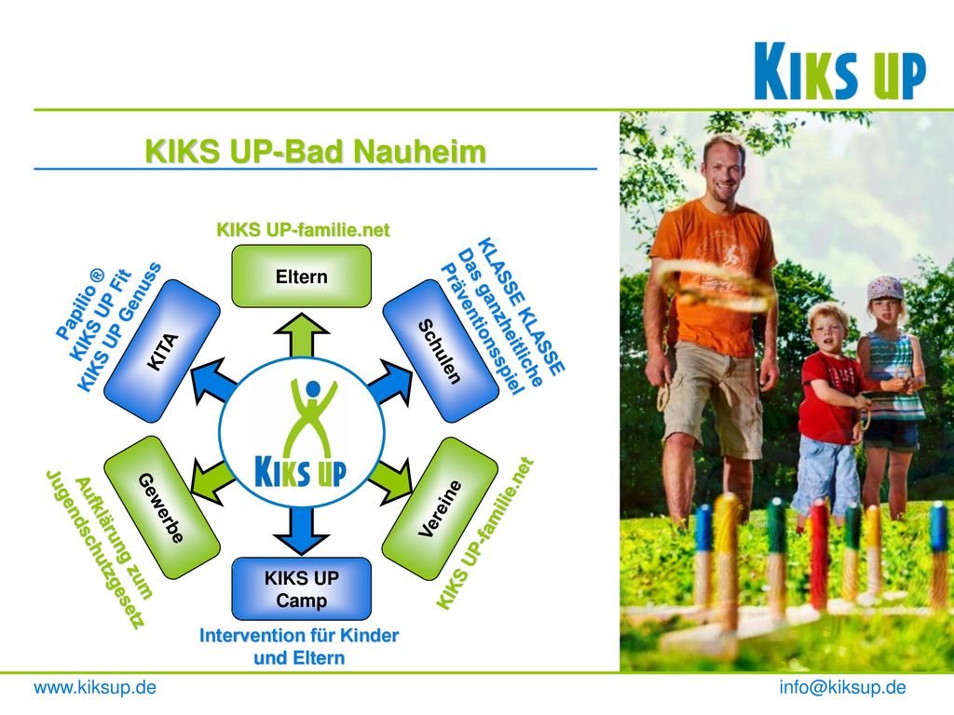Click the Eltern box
301,276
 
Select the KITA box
162,351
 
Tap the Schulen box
440,351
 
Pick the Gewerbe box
162,507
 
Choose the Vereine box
440,508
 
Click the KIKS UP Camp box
301,588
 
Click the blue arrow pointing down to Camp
302,530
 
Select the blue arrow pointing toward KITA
212,381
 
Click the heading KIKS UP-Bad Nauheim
316,152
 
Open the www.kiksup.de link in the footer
95,688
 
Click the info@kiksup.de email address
842,688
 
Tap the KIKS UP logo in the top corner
839,71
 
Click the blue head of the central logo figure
313,388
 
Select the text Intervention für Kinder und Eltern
299,647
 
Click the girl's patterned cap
886,288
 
